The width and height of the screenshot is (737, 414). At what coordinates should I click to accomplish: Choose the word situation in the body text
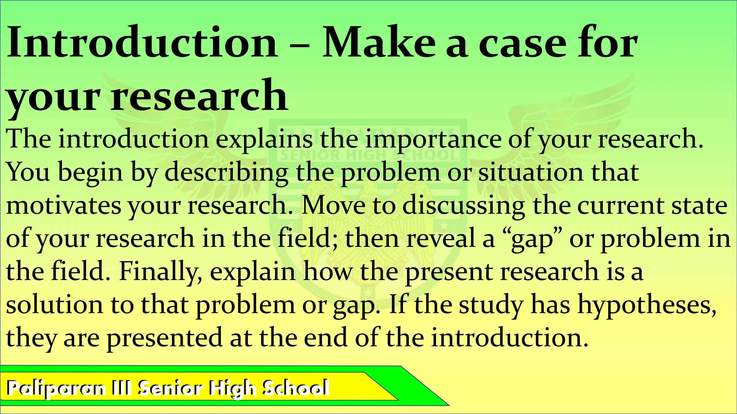(531, 172)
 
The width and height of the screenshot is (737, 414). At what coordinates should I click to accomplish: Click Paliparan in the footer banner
(56, 388)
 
